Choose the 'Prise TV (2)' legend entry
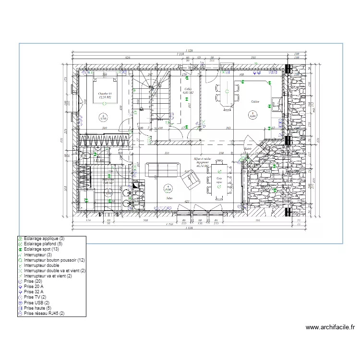35,297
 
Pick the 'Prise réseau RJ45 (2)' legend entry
43,313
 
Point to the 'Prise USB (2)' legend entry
36,302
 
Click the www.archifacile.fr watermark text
330,328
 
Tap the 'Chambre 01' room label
105,93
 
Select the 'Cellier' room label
188,89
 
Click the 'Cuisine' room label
255,102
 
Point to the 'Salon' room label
169,198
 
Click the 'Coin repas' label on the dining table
219,180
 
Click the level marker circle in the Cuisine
253,114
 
